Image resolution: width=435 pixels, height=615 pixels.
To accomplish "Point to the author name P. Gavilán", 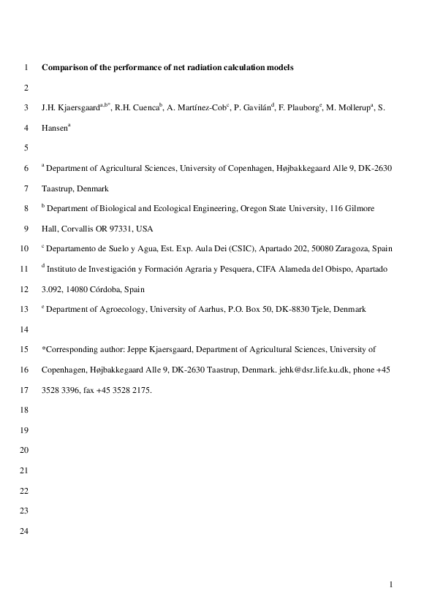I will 251,108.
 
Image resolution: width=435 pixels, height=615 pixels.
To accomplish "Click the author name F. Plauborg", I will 300,108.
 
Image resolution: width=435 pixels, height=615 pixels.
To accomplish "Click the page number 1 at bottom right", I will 392,584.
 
